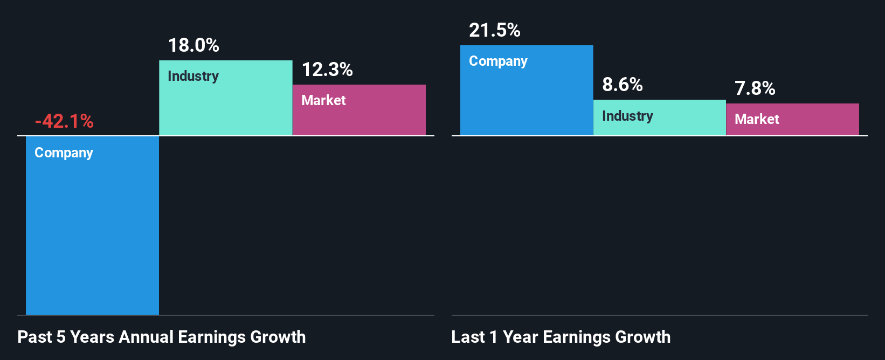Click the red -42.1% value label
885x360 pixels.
pos(64,121)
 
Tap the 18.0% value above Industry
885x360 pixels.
pos(193,45)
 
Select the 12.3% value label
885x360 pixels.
pos(327,70)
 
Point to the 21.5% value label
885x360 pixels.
pos(495,30)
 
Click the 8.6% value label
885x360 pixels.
pos(623,85)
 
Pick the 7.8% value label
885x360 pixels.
pos(755,88)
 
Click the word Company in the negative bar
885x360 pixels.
pos(64,153)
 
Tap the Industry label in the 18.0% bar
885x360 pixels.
pos(193,76)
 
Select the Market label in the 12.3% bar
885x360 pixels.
pos(323,100)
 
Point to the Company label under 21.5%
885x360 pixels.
pos(498,61)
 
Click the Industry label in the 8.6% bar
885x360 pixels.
pos(627,116)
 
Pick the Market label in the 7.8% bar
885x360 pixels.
pos(757,119)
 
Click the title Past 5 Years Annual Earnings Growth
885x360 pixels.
pos(162,337)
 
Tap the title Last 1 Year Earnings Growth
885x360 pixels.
pos(561,337)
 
